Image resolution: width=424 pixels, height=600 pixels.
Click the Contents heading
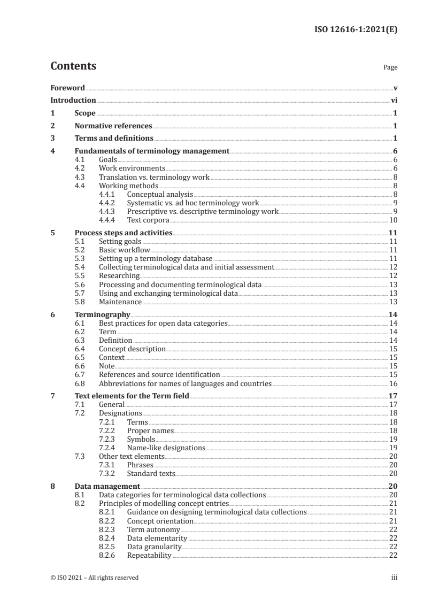point(73,66)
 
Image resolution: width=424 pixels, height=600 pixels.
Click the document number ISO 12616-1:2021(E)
point(356,30)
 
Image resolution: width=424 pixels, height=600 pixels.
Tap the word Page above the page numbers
point(390,68)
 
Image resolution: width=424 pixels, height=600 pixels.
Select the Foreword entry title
point(67,88)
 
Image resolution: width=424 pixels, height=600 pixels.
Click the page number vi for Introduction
point(394,101)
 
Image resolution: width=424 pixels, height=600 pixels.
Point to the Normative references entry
point(113,126)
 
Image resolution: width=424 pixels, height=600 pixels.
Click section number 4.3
point(80,176)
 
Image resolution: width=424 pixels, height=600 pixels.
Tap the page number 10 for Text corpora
point(392,220)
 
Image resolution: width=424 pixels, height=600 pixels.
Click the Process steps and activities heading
point(123,233)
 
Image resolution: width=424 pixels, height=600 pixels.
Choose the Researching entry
point(119,276)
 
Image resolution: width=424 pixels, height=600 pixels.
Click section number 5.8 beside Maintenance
point(80,302)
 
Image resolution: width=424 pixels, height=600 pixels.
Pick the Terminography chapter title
point(102,315)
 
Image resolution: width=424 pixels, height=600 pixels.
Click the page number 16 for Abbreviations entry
point(392,383)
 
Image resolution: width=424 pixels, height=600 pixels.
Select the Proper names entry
point(150,430)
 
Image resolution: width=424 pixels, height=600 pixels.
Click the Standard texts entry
point(151,473)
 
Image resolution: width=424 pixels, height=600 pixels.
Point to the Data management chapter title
point(107,487)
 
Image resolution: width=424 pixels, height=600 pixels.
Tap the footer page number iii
point(394,578)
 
